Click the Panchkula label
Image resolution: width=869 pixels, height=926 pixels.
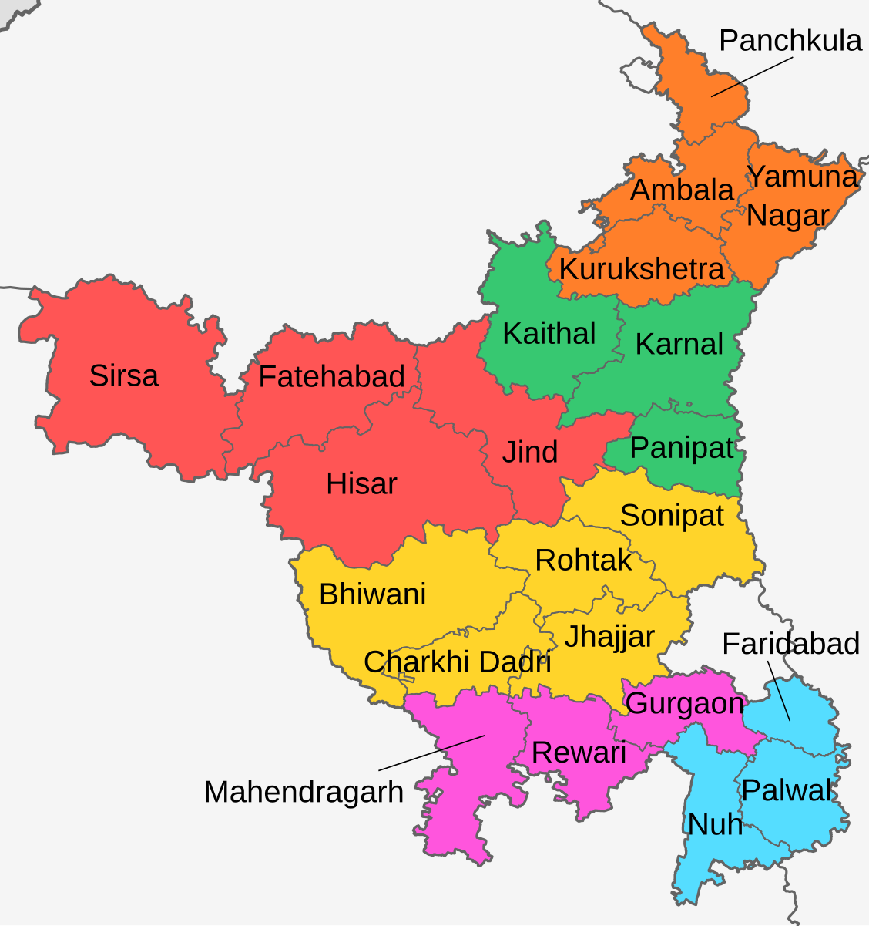pyautogui.click(x=790, y=41)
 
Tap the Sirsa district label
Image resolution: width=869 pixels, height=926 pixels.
pyautogui.click(x=124, y=376)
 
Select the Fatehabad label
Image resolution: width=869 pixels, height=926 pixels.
pyautogui.click(x=332, y=377)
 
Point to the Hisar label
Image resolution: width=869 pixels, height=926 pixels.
pyautogui.click(x=361, y=484)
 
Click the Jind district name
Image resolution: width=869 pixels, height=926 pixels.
pyautogui.click(x=530, y=452)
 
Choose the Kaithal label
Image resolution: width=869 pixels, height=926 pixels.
pyautogui.click(x=549, y=334)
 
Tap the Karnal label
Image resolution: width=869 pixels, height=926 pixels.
pyautogui.click(x=679, y=344)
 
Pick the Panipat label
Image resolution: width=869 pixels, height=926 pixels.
pyautogui.click(x=682, y=448)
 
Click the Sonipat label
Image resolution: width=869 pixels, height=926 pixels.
pyautogui.click(x=672, y=515)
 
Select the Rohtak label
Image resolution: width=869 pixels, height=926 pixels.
pyautogui.click(x=583, y=561)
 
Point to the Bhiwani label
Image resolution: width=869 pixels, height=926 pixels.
pyautogui.click(x=373, y=594)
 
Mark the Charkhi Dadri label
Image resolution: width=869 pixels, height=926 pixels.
pyautogui.click(x=458, y=662)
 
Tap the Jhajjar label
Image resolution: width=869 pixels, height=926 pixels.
pyautogui.click(x=609, y=637)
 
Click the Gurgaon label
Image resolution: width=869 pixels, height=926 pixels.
pyautogui.click(x=685, y=703)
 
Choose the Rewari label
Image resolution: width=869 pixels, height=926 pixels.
pyautogui.click(x=579, y=753)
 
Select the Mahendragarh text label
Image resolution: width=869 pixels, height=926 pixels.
pyautogui.click(x=304, y=792)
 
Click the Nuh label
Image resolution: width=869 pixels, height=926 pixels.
pyautogui.click(x=715, y=824)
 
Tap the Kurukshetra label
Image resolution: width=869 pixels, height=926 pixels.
pyautogui.click(x=642, y=269)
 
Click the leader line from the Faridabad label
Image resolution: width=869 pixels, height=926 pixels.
pyautogui.click(x=778, y=691)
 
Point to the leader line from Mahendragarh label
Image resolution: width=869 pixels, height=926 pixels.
pyautogui.click(x=431, y=753)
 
